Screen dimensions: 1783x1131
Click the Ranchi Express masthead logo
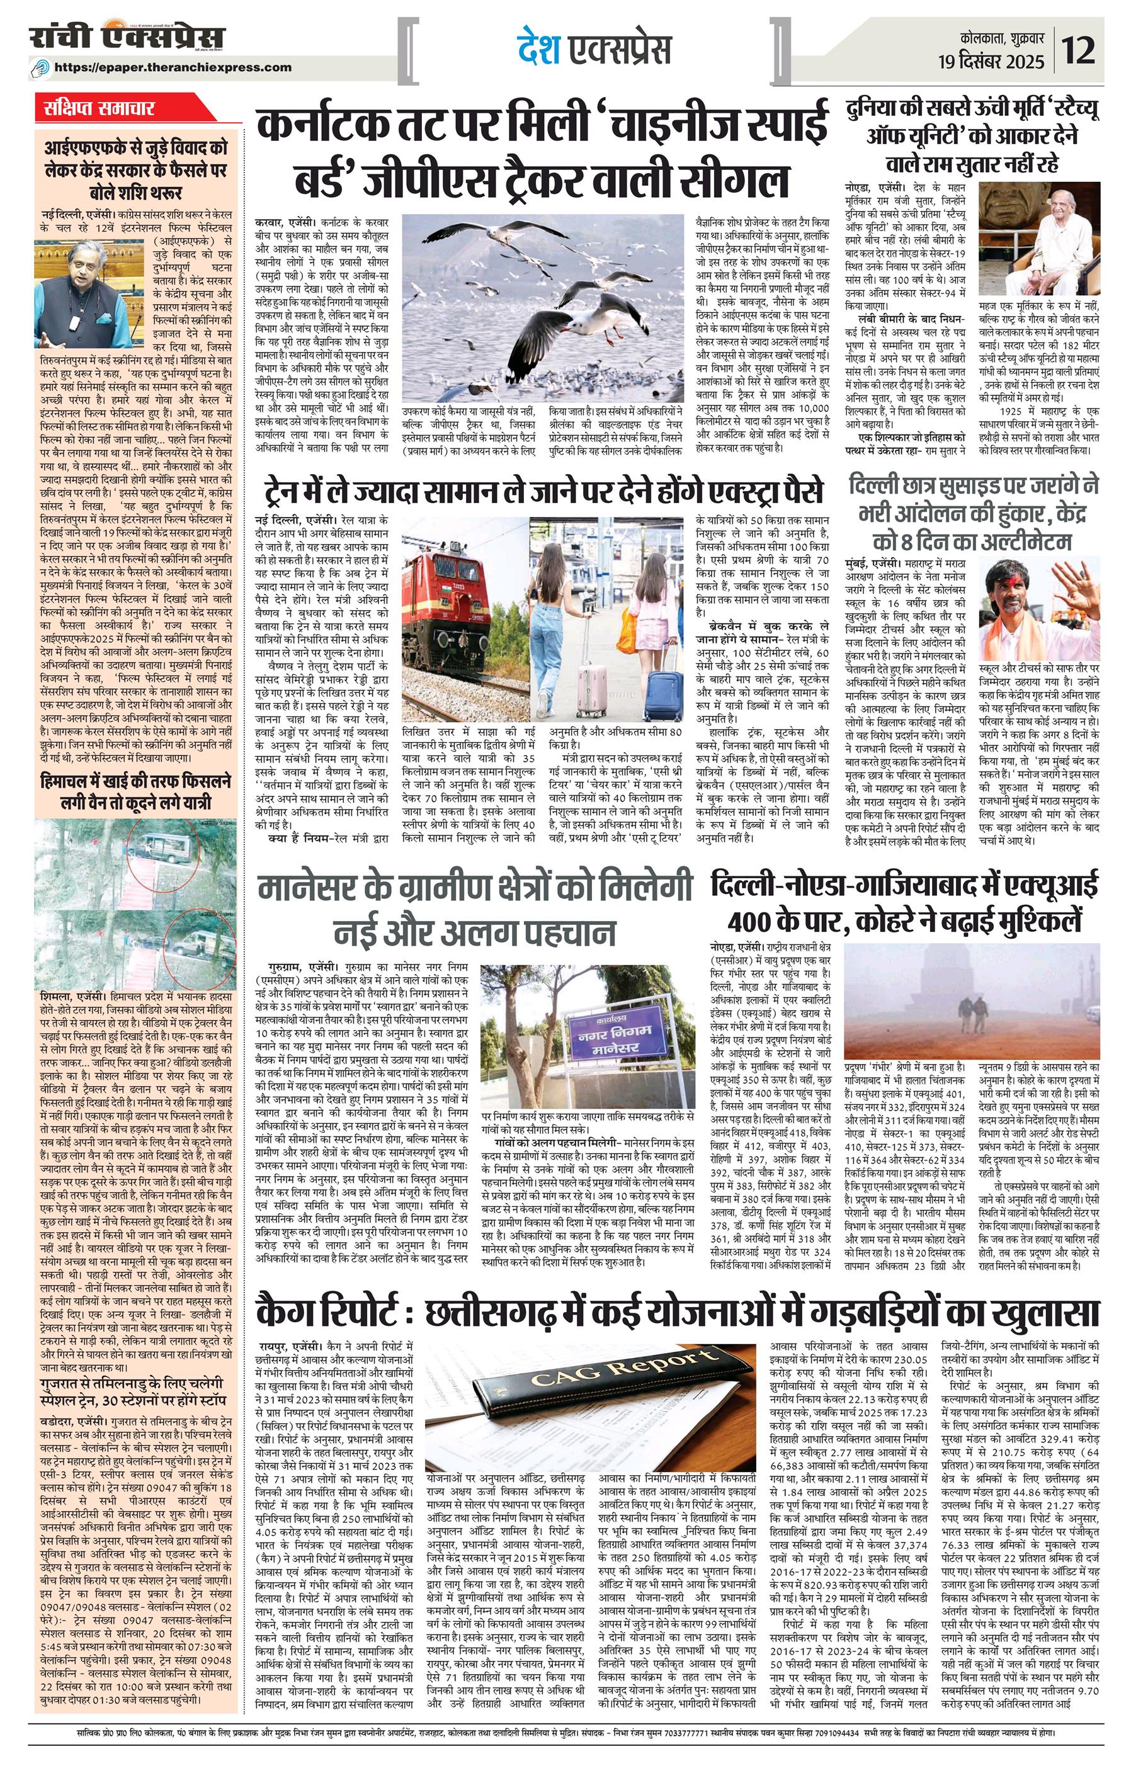pyautogui.click(x=127, y=38)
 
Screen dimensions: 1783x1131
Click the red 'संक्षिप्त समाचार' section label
pyautogui.click(x=98, y=108)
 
